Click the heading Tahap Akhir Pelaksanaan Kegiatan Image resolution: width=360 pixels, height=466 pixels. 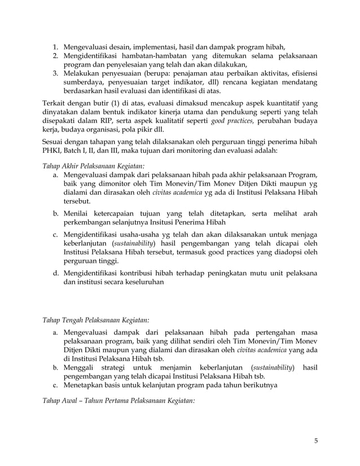pyautogui.click(x=93, y=166)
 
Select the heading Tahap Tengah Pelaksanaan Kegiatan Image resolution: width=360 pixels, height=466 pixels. pyautogui.click(x=96, y=320)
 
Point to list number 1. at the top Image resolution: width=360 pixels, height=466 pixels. pyautogui.click(x=56, y=47)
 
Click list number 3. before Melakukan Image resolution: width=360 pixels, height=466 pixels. pyautogui.click(x=56, y=73)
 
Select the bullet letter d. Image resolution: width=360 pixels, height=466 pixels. pyautogui.click(x=56, y=274)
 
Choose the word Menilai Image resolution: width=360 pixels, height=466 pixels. pyautogui.click(x=78, y=215)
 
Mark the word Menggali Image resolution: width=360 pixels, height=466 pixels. pyautogui.click(x=80, y=368)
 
